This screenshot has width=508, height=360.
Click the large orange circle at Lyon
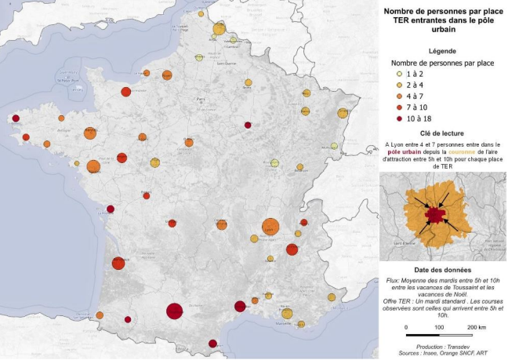click(x=270, y=227)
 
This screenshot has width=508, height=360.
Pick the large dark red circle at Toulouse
click(x=174, y=311)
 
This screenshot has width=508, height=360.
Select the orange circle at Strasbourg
click(x=342, y=113)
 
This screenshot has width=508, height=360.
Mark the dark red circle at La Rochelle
click(x=111, y=209)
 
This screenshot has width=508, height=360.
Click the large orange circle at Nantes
click(x=93, y=166)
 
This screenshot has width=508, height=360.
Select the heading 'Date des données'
click(x=443, y=270)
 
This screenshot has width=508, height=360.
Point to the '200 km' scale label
click(x=476, y=327)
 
